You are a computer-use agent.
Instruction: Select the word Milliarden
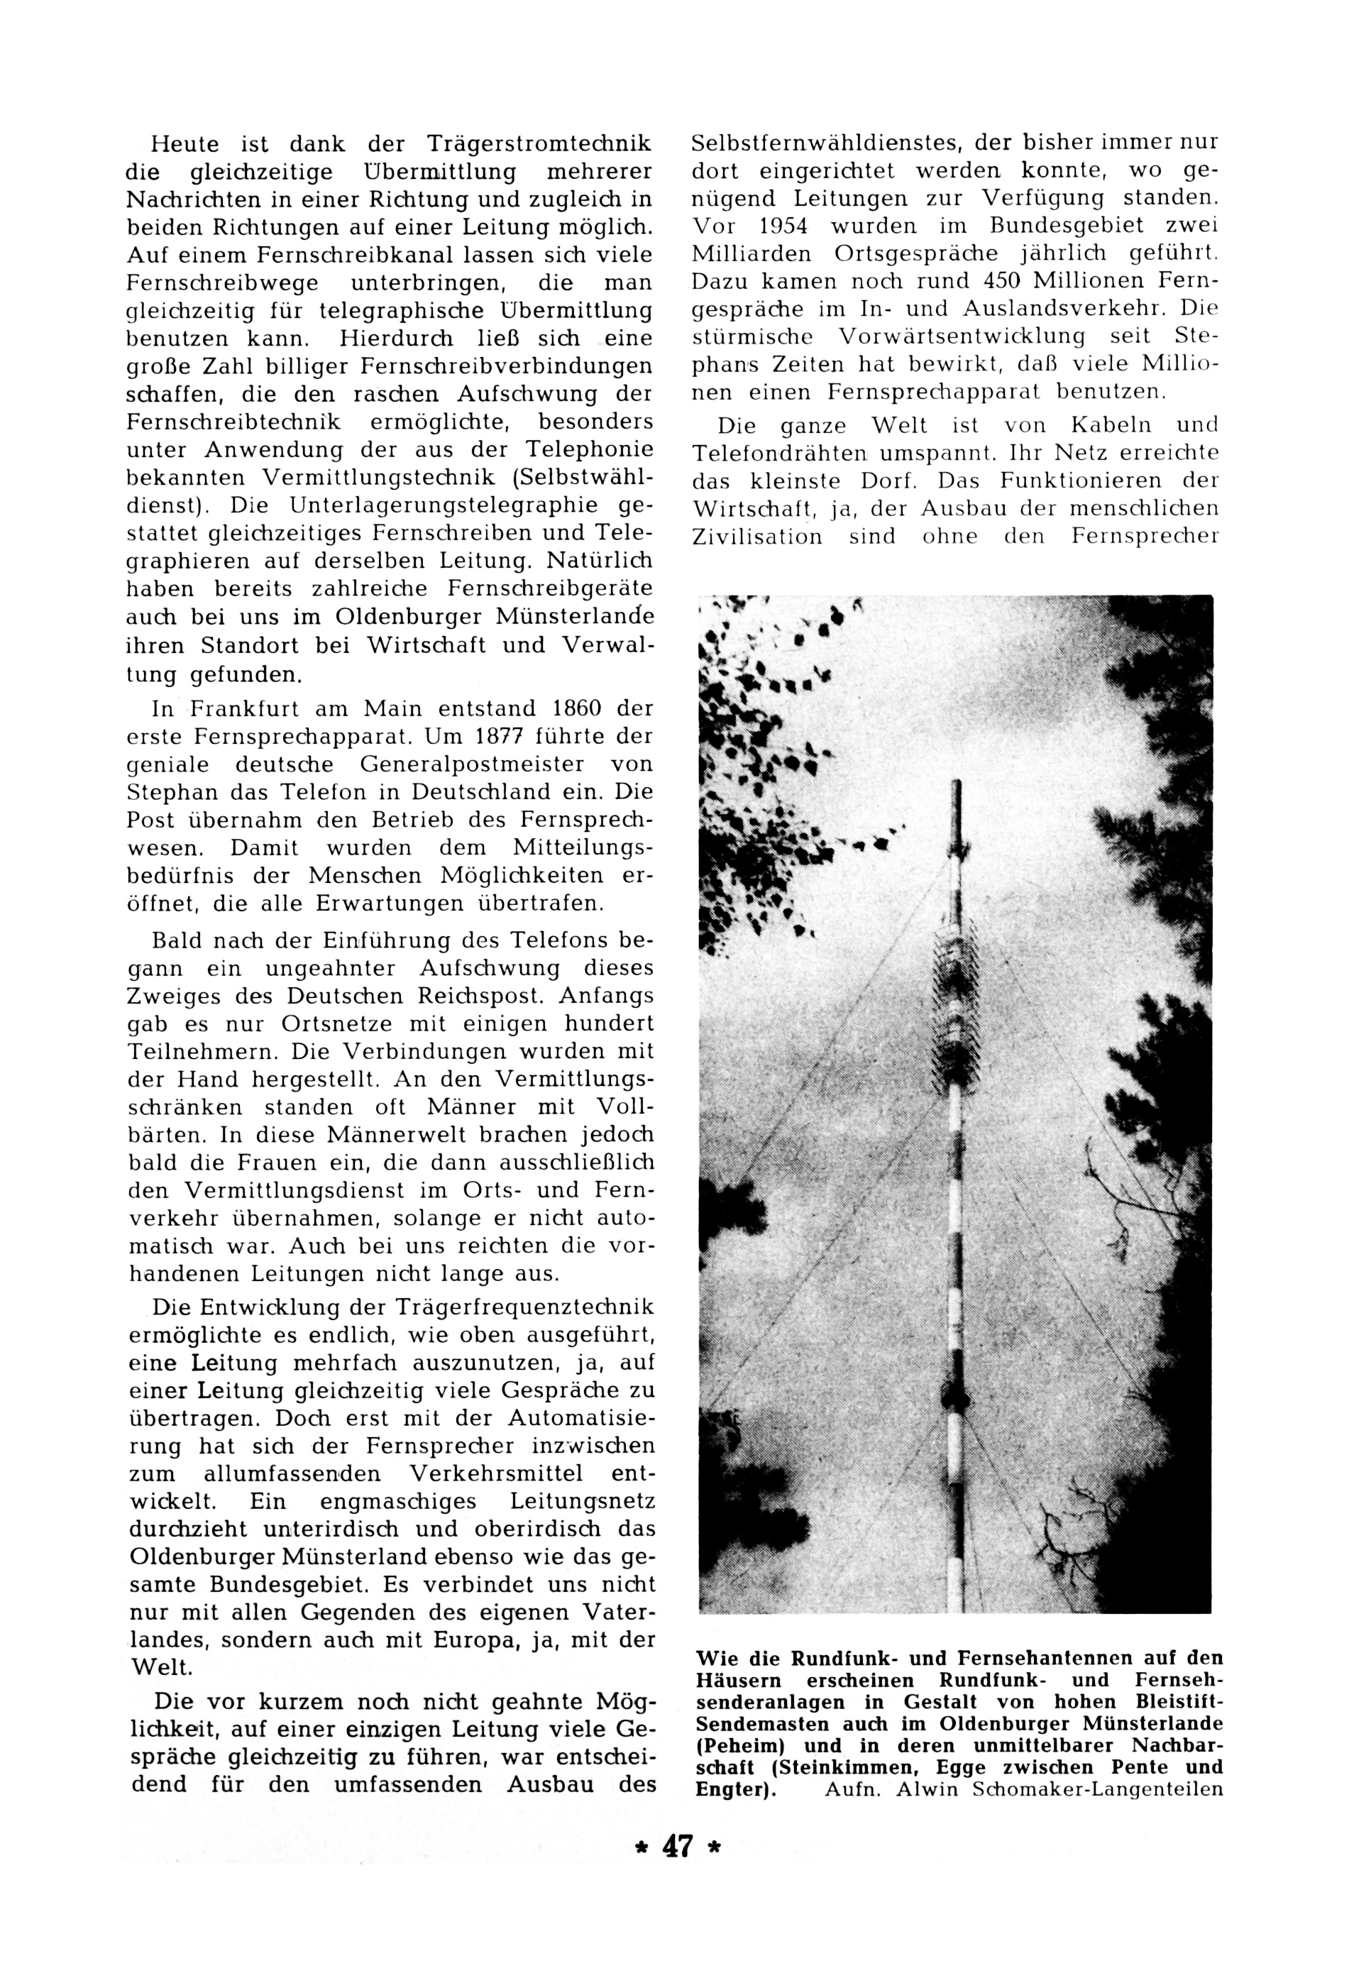click(746, 254)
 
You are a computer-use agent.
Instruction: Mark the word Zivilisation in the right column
click(756, 537)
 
